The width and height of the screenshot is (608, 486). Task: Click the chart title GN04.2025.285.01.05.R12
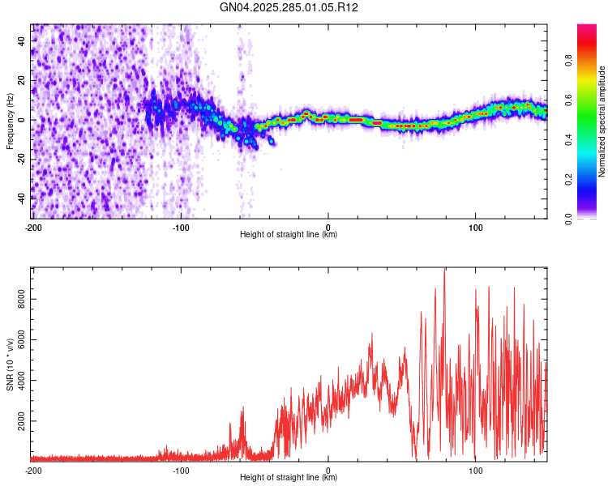[289, 7]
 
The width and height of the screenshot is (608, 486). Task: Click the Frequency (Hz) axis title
[10, 121]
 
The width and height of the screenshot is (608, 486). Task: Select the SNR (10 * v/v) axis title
[10, 364]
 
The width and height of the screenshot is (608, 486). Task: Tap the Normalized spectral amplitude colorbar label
[602, 122]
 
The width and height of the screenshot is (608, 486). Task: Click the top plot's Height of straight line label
[289, 235]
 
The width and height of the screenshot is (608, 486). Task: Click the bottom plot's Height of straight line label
[289, 478]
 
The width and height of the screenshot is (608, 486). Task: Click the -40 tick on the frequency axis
[21, 198]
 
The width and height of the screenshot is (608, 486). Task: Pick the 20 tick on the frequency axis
[23, 80]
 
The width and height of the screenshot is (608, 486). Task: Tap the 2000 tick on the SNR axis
[18, 421]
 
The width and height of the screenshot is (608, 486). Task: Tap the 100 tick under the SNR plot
[476, 470]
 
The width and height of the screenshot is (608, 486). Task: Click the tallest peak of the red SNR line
[444, 269]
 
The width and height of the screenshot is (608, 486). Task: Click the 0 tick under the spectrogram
[328, 227]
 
